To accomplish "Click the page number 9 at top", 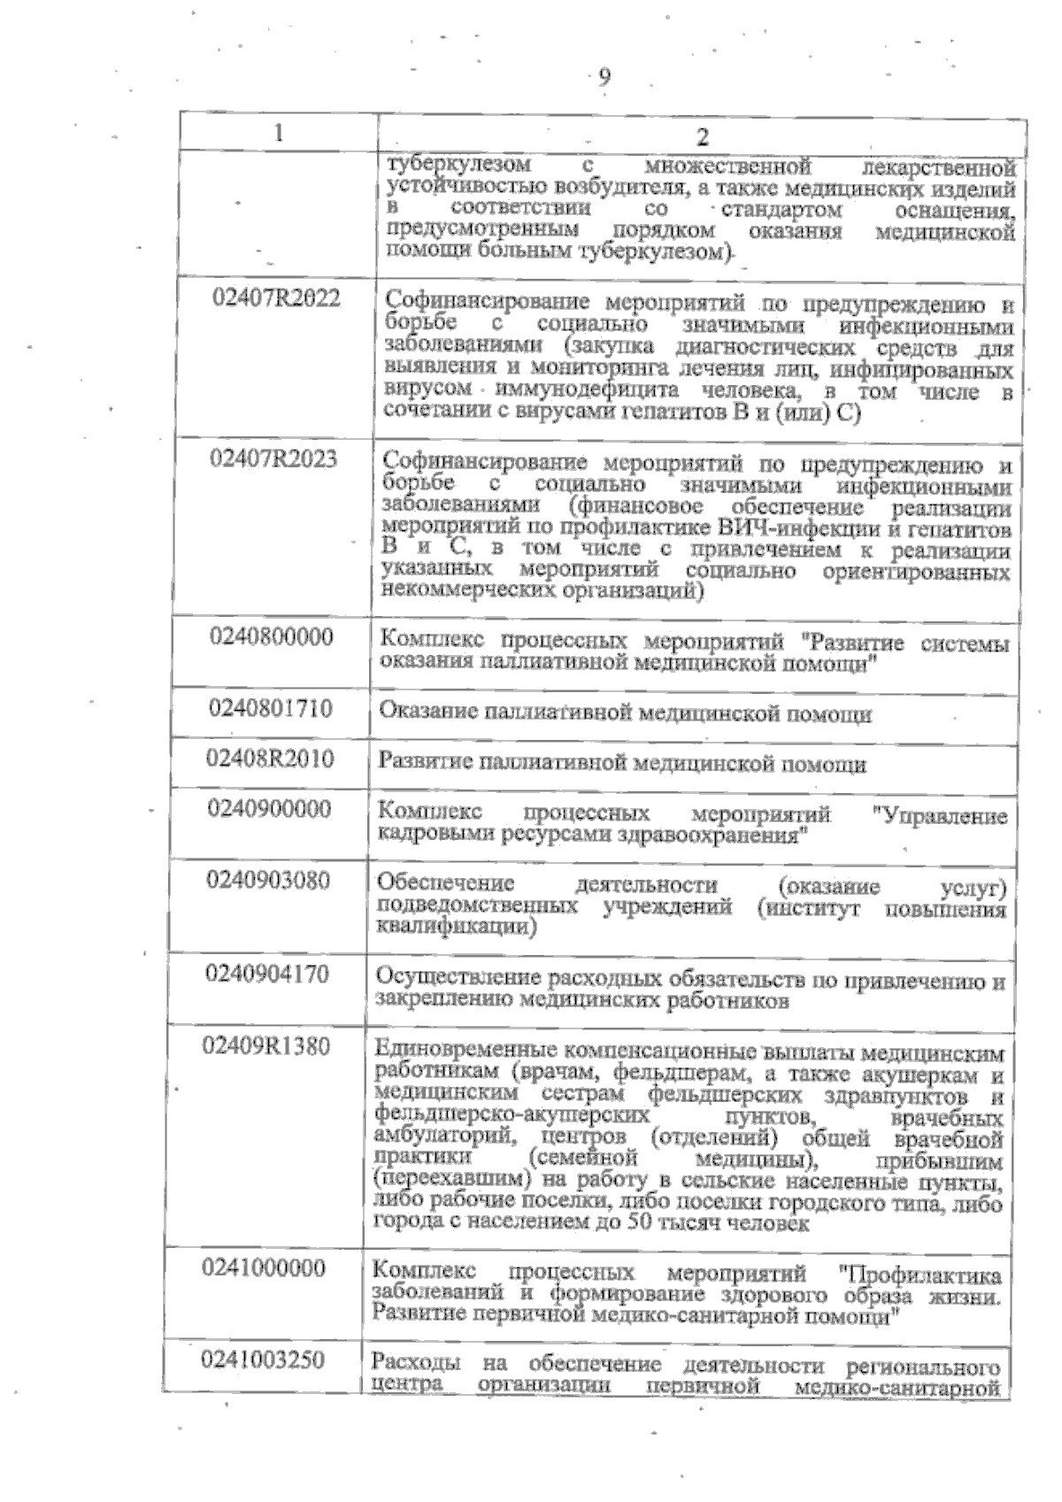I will point(604,77).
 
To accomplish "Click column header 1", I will point(279,133).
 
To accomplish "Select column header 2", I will point(702,136).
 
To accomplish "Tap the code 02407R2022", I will point(276,298).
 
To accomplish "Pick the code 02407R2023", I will point(273,458).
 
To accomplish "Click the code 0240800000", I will point(272,636).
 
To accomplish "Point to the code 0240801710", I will point(271,708).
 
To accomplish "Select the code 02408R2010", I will point(270,759).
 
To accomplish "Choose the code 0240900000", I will point(269,809).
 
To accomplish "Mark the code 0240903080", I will point(268,881).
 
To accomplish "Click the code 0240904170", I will point(267,974).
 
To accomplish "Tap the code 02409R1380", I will point(266,1047).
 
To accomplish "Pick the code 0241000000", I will point(264,1268).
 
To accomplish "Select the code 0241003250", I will point(263,1360).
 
